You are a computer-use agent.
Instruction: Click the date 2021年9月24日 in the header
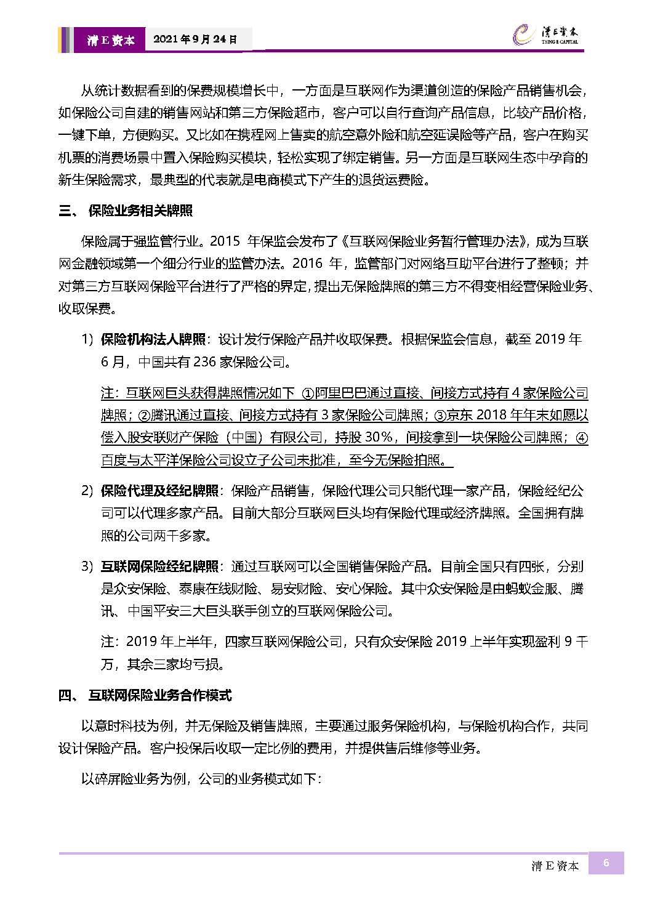tap(195, 39)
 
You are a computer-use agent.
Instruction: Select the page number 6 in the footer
tap(606, 863)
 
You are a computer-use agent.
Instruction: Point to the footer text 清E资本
tap(555, 866)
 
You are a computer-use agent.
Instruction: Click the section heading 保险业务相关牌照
tap(140, 211)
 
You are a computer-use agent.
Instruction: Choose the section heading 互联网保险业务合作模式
tap(160, 696)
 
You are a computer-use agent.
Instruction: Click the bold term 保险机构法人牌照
tap(153, 339)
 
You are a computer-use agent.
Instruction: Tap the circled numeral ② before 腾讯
tap(143, 416)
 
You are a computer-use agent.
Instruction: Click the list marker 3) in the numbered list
tap(87, 566)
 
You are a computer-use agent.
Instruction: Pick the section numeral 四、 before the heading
tap(67, 696)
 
